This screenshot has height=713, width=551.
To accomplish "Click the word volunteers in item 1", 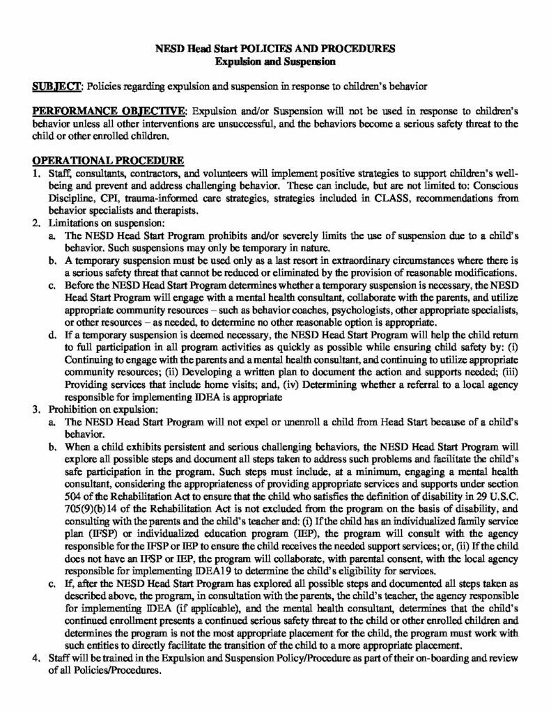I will click(x=230, y=171).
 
